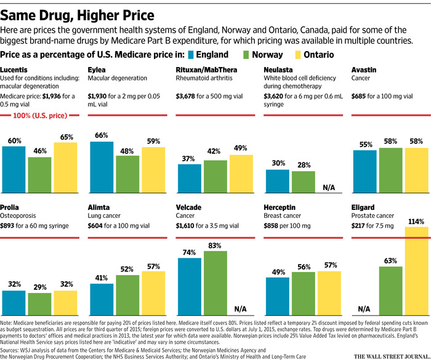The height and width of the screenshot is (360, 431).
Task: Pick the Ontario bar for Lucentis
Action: click(66, 168)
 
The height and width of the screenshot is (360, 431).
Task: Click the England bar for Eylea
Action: click(102, 167)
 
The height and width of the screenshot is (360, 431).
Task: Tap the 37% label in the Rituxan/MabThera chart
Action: click(189, 159)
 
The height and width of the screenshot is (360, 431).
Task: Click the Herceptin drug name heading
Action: click(281, 209)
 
